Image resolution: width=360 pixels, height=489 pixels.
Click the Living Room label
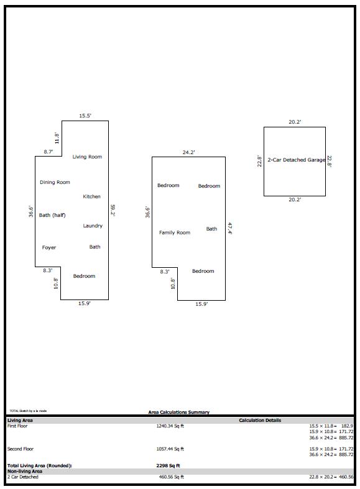87,157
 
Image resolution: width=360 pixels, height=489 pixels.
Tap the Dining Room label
55,182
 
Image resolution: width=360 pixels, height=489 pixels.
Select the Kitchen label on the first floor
91,196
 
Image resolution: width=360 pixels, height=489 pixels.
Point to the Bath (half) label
52,215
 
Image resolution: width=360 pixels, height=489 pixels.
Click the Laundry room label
93,226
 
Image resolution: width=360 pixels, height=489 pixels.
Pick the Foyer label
49,247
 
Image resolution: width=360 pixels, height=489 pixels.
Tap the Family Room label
175,232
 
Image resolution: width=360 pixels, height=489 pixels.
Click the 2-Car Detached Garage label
296,160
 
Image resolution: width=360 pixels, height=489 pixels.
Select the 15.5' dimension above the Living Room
85,116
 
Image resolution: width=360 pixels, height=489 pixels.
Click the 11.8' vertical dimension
56,138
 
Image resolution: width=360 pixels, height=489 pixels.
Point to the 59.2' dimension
113,210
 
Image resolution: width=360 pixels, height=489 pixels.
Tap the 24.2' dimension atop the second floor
188,152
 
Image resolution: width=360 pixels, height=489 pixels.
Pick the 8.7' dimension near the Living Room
48,152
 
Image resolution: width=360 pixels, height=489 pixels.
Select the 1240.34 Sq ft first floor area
170,426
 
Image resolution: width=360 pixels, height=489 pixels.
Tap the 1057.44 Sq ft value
170,449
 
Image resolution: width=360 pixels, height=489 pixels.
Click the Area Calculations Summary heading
178,412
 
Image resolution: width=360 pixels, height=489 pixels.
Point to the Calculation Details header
260,420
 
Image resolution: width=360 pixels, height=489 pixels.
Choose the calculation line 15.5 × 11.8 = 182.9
331,426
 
